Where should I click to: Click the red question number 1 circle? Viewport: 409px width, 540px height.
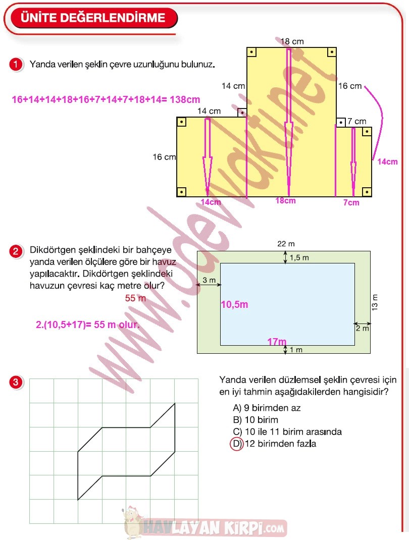click(16, 65)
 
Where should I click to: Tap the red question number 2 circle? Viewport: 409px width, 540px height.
click(16, 251)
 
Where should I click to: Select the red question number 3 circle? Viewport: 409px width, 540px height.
click(16, 383)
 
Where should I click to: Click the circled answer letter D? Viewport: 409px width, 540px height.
click(236, 444)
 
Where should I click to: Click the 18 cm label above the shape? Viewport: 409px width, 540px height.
click(292, 41)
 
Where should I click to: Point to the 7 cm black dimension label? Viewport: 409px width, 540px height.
click(357, 122)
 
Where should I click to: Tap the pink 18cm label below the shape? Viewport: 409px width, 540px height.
click(285, 201)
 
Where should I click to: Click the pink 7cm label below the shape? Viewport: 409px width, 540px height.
click(351, 202)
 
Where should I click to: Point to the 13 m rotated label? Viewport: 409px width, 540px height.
click(374, 302)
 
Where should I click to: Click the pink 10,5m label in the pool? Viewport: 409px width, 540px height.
click(234, 305)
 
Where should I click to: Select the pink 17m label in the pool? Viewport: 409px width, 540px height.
click(277, 342)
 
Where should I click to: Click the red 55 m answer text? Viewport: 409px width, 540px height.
click(135, 298)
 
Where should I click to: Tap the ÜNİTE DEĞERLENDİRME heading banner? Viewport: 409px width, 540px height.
click(93, 18)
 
